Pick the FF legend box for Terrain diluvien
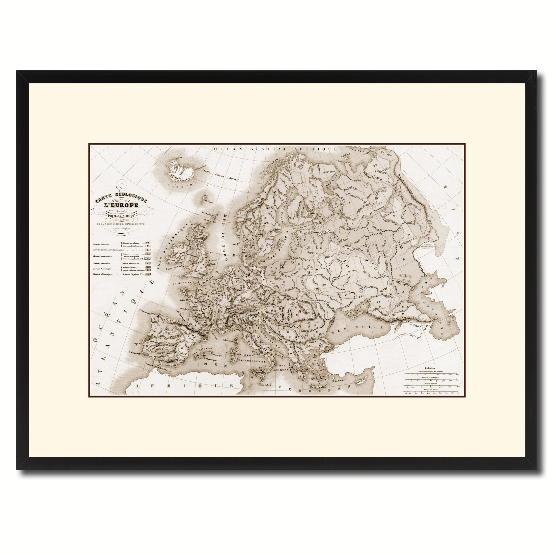pyautogui.click(x=148, y=243)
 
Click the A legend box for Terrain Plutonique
pyautogui.click(x=148, y=274)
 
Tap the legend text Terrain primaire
pyautogui.click(x=101, y=263)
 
